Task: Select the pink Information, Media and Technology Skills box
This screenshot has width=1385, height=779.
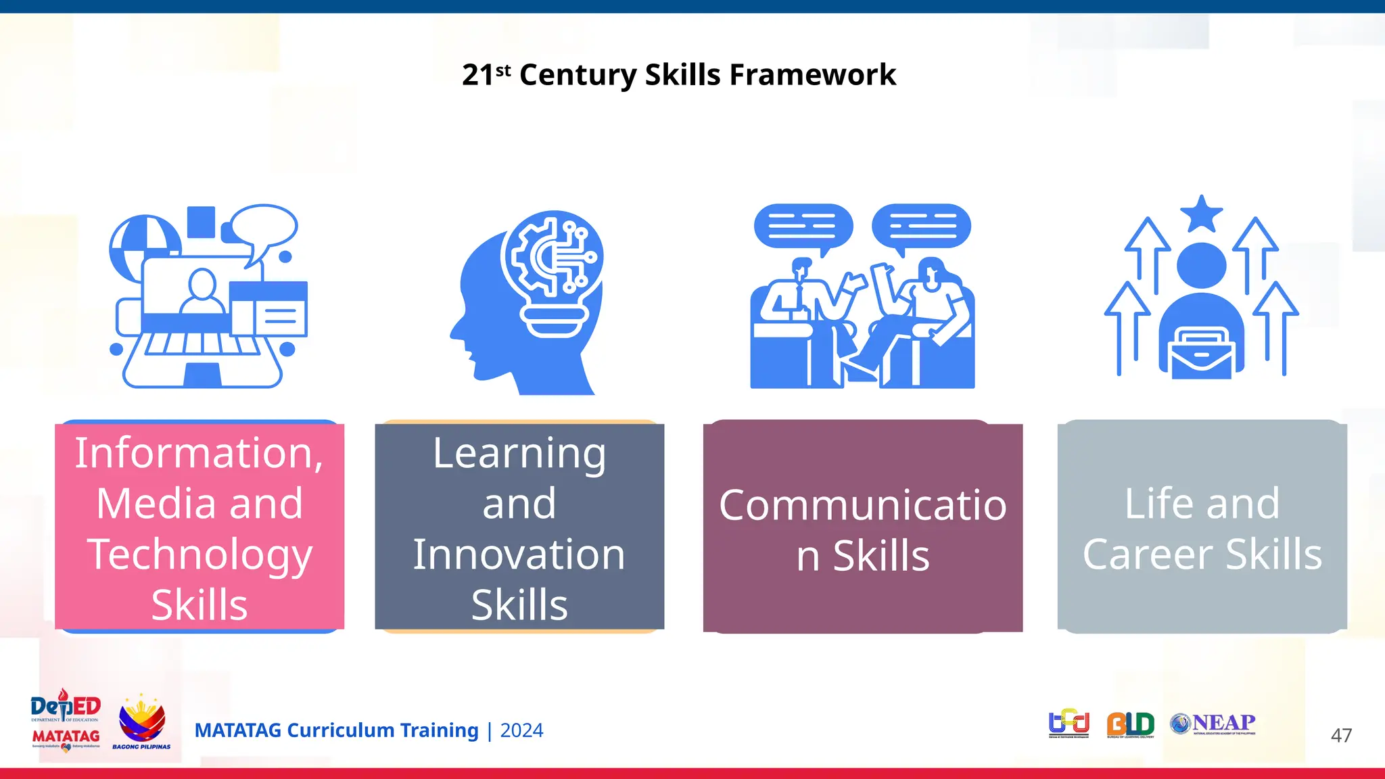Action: [x=199, y=527]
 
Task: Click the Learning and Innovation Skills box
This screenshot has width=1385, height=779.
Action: [x=519, y=527]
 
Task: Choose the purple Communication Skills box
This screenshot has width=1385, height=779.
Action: [x=863, y=527]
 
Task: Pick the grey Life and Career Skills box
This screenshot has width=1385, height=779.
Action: [x=1202, y=527]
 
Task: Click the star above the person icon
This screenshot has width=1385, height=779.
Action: [x=1201, y=214]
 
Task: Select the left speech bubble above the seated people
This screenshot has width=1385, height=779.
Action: [x=803, y=227]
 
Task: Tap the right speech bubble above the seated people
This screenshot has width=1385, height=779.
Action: [x=921, y=227]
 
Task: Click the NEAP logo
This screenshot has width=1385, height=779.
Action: [x=1213, y=724]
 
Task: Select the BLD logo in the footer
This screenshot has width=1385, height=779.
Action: [x=1130, y=724]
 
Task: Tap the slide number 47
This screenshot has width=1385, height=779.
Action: [x=1341, y=735]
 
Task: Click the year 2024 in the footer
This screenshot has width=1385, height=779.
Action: [x=521, y=730]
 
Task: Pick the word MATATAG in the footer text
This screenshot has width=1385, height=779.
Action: [x=237, y=730]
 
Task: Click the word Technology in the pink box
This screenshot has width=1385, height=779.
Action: [x=199, y=554]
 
